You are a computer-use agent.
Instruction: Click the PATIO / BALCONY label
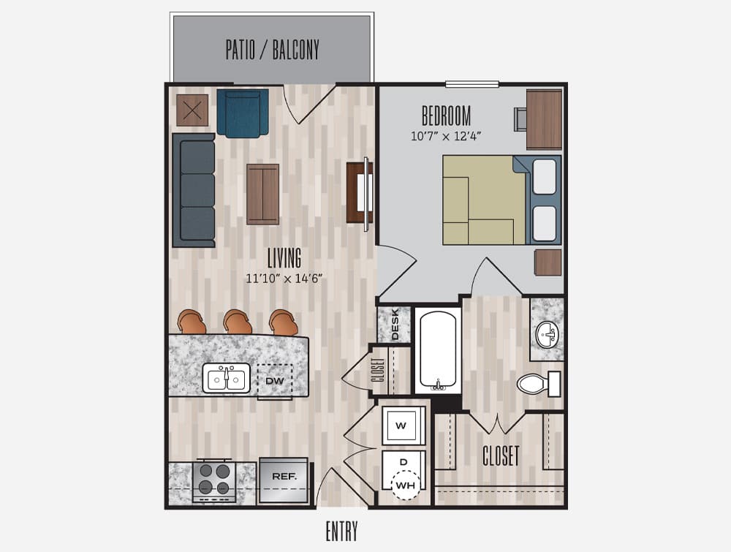click(x=272, y=50)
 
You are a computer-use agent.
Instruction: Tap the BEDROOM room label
click(x=446, y=116)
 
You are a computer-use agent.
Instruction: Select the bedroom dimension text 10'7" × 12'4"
click(x=446, y=136)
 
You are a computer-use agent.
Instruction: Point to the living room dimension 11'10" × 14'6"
click(x=284, y=279)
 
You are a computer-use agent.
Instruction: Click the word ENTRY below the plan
click(x=341, y=531)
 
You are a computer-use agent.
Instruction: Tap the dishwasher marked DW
click(x=275, y=380)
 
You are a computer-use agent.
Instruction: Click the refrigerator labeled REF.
click(x=284, y=480)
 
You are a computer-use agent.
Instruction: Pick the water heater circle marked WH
click(x=405, y=485)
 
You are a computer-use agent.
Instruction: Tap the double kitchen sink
click(x=226, y=378)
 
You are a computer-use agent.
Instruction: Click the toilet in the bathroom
click(x=539, y=384)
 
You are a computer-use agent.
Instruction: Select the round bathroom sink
click(x=547, y=335)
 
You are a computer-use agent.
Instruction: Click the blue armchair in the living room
click(x=243, y=113)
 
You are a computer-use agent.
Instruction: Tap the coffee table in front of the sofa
click(x=263, y=194)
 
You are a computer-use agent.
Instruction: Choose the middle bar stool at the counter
click(x=238, y=322)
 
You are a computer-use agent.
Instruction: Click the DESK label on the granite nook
click(x=395, y=324)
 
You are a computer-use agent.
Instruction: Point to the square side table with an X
click(x=192, y=110)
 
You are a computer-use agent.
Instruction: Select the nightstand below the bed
click(x=548, y=262)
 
